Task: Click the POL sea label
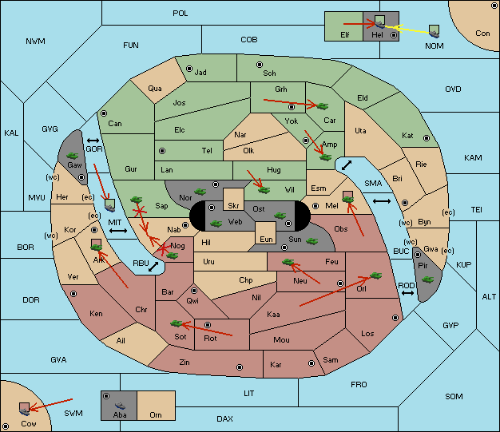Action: [x=181, y=14]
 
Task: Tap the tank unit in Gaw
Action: [x=73, y=156]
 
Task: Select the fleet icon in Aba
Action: [x=120, y=406]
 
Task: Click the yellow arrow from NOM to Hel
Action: [x=407, y=30]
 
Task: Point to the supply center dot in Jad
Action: [x=189, y=69]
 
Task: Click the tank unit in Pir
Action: [x=427, y=279]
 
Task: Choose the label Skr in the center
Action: [x=233, y=206]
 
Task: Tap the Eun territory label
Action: [x=266, y=239]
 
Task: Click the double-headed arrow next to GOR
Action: [x=93, y=141]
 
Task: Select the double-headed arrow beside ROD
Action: [x=407, y=293]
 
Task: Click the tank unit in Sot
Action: [x=177, y=323]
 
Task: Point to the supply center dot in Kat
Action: [x=427, y=138]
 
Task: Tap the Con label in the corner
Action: [x=482, y=34]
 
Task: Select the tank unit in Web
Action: [x=216, y=224]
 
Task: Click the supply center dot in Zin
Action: [x=240, y=367]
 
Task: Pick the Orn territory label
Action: [x=156, y=414]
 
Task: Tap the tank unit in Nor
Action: [x=200, y=192]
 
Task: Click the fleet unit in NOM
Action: [x=434, y=32]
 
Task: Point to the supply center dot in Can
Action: [x=104, y=113]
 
